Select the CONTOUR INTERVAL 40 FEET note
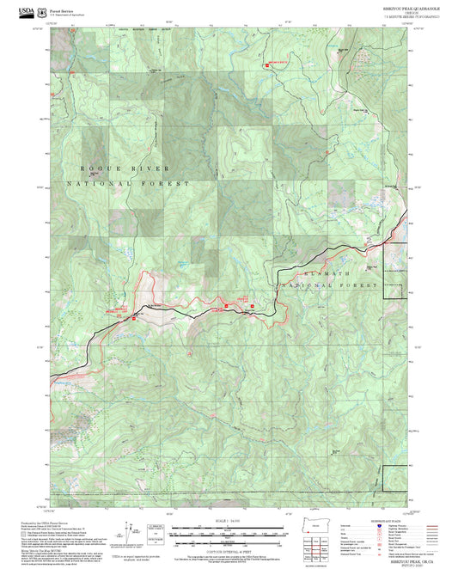point(228,541)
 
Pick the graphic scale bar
point(228,530)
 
